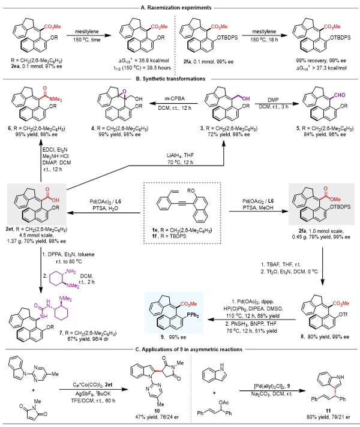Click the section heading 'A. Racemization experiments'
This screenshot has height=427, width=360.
tap(179, 7)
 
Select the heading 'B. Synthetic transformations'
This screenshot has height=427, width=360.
tap(179, 79)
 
